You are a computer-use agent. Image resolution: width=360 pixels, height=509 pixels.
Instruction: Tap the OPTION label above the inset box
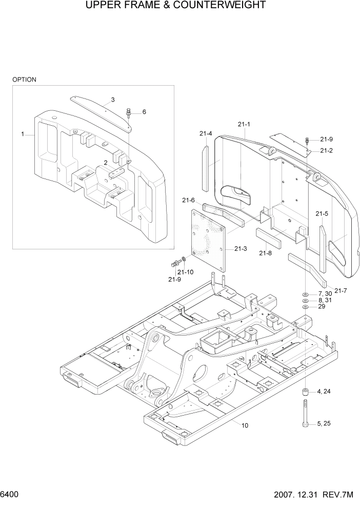click(x=24, y=80)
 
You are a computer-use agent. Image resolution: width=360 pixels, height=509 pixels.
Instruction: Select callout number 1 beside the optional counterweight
click(x=23, y=134)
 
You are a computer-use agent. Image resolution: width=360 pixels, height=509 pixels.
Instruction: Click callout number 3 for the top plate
click(x=112, y=99)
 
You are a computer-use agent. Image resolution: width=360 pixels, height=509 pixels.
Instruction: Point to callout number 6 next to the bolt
click(x=144, y=111)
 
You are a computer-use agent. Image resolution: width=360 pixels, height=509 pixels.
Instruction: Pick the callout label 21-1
click(x=244, y=124)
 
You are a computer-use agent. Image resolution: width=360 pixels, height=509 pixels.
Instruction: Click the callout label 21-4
click(x=206, y=134)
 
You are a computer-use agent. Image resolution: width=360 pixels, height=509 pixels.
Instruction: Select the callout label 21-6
click(x=188, y=200)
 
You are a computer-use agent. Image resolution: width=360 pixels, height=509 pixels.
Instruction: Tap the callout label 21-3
click(x=241, y=249)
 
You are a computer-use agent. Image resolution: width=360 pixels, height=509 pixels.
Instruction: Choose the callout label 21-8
click(x=265, y=253)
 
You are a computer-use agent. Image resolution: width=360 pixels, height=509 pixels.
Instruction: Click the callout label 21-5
click(x=322, y=213)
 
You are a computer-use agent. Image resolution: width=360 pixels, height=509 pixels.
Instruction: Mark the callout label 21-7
click(x=340, y=291)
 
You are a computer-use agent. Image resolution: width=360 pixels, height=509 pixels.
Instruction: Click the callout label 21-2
click(x=327, y=150)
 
